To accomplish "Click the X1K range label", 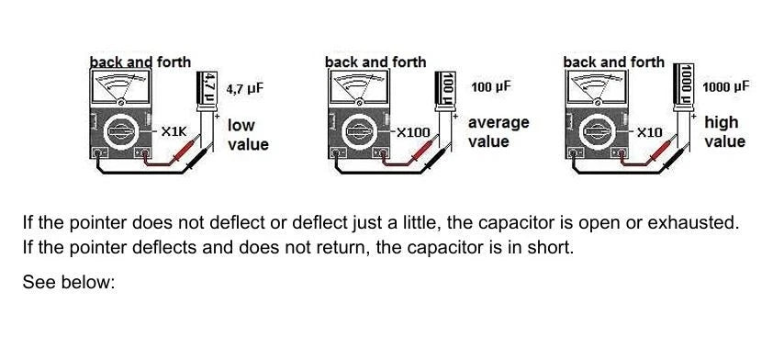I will pos(173,132).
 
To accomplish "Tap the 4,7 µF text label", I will pos(245,89).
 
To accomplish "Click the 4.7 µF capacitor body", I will pos(208,93).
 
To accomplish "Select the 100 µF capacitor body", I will pos(448,92).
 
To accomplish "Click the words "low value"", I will pos(248,134).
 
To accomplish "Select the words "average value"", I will pos(498,132).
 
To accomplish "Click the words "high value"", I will pos(724,132).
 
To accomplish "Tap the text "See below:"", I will pos(68,282).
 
